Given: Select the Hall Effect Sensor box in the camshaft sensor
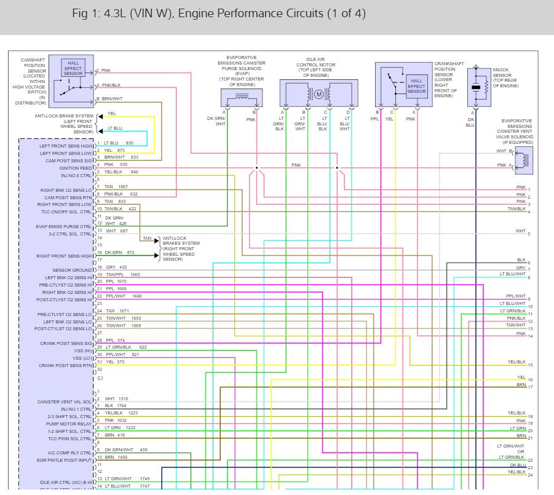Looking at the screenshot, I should pos(73,68).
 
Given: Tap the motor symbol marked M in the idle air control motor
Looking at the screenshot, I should pos(319,94).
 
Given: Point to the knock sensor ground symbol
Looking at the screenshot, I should pos(475,66).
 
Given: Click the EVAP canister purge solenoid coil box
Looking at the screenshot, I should pos(242,98).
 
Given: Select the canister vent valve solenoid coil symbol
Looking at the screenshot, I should pos(524,159).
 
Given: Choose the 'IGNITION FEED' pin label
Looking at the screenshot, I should pos(76,168).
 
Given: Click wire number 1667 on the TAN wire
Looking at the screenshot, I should pos(123,186).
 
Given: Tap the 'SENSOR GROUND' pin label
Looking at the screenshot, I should pos(73,270).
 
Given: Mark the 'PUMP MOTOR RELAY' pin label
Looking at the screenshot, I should pos(69,424).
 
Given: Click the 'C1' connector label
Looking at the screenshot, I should pos(100,378).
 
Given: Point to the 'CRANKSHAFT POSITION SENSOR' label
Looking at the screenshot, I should pos(449,79).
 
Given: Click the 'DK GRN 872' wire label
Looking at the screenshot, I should pos(120,253).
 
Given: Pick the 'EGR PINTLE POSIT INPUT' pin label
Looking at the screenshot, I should pos(65,460).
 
